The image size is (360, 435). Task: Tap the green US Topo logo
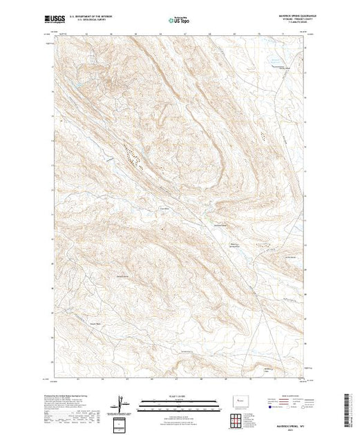pos(179,21)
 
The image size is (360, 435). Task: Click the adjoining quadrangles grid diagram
pos(240,419)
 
